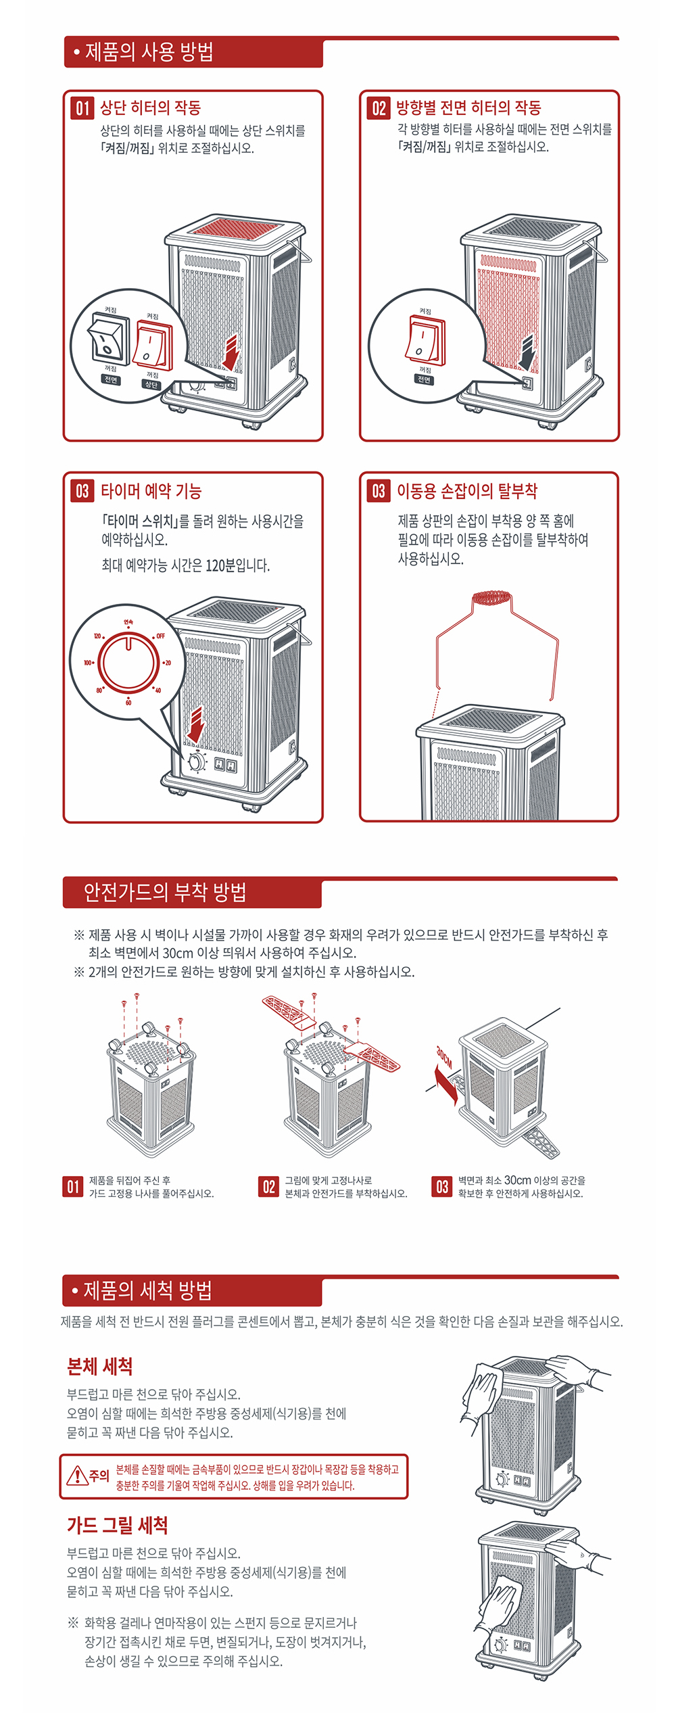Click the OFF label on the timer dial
click(160, 636)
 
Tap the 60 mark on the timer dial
click(128, 703)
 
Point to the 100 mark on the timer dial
click(88, 663)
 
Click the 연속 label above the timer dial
click(128, 621)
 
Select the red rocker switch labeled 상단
click(153, 345)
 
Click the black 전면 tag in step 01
click(111, 380)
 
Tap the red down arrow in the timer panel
click(196, 724)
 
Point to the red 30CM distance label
click(443, 1056)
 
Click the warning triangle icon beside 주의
click(77, 1475)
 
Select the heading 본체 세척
click(99, 1366)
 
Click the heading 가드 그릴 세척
click(117, 1525)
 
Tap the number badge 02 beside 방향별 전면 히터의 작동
click(379, 108)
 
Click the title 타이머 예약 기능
click(151, 491)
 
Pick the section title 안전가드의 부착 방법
click(164, 892)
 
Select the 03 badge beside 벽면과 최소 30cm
click(442, 1187)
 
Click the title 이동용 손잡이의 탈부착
click(467, 491)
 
